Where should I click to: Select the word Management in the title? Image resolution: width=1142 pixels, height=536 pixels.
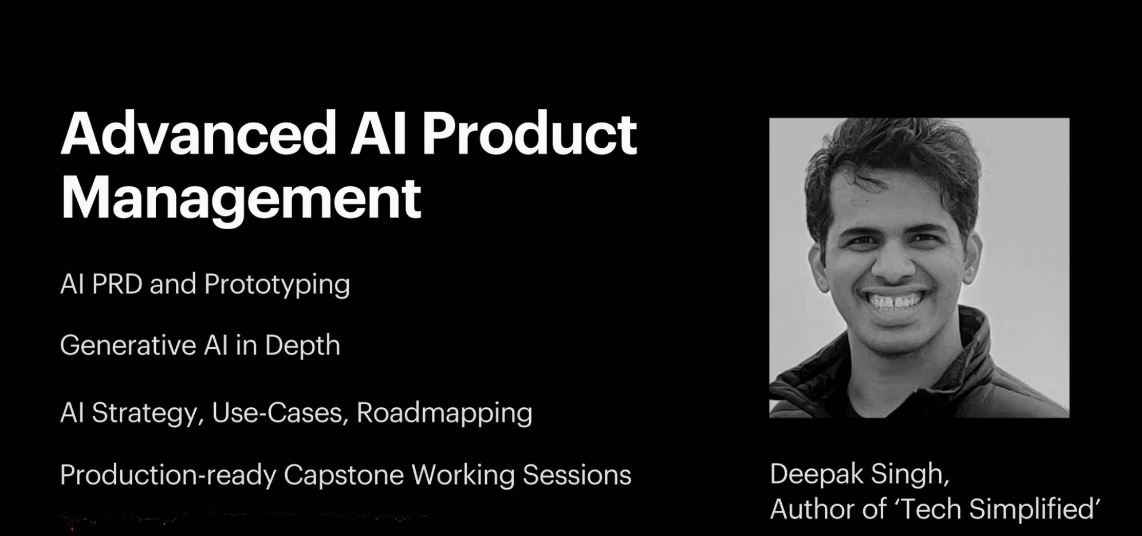click(x=241, y=199)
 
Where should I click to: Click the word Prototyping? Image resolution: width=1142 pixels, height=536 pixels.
click(x=277, y=285)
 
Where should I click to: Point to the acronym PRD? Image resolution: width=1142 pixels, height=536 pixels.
click(x=117, y=284)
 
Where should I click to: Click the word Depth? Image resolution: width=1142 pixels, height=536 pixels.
click(x=302, y=345)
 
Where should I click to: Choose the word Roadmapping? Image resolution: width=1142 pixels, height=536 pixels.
click(x=444, y=413)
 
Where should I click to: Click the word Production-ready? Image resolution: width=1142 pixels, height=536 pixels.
click(x=168, y=475)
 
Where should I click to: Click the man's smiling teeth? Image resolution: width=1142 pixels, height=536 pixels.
click(x=896, y=301)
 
